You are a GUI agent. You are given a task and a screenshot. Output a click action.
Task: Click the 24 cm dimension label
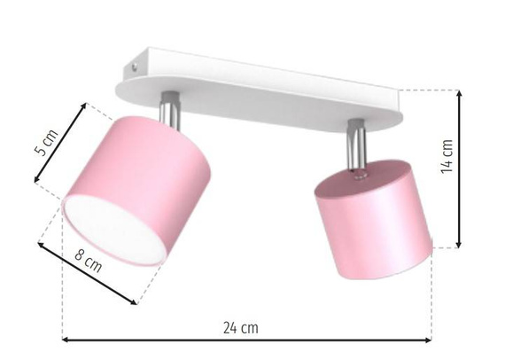tap(240, 327)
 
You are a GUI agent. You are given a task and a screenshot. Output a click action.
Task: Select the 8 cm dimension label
tap(86, 262)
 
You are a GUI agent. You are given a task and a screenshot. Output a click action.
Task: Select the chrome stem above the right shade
tap(356, 137)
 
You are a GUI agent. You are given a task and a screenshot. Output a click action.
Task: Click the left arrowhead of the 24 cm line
tap(65, 339)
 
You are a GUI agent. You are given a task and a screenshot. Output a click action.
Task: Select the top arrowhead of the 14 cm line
tap(460, 93)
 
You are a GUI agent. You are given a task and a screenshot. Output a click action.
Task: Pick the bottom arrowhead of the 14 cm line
tap(460, 246)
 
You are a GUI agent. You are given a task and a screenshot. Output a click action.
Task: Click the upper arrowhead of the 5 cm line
tap(85, 106)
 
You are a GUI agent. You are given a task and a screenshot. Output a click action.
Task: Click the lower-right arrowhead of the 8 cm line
tap(135, 301)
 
